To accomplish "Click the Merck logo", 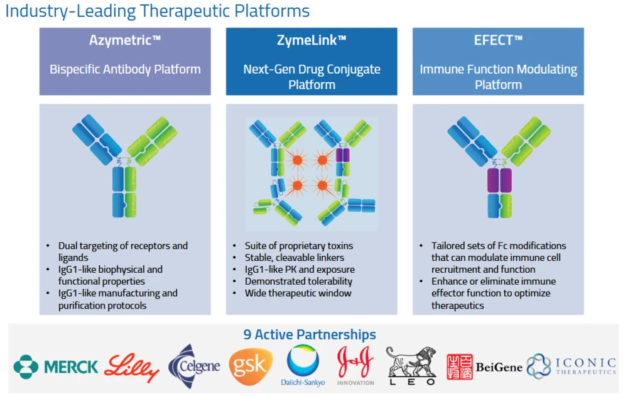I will pos(56,366).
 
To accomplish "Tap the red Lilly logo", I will pos(132,366).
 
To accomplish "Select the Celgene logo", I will pos(195,366).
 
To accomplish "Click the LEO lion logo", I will pos(411,366).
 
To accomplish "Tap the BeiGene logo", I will pos(484,366).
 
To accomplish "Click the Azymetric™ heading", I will pos(125,41).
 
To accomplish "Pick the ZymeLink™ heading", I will pos(311,41).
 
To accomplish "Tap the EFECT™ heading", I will pos(498,41).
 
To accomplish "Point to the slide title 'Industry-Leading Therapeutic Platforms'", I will pos(158,11).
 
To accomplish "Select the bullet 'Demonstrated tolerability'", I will pos(298,281).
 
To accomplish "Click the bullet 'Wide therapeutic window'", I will pos(298,293).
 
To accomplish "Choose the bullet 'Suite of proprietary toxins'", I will pos(299,246).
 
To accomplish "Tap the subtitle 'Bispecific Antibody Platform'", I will pos(125,69).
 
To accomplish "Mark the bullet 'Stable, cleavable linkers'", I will pos(295,258).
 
